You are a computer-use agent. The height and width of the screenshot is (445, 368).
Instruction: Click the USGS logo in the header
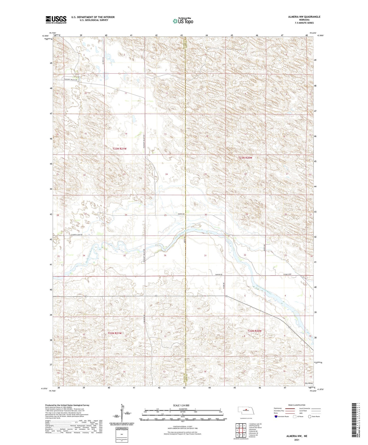click(x=56, y=20)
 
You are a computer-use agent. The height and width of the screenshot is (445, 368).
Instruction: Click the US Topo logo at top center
click(x=183, y=21)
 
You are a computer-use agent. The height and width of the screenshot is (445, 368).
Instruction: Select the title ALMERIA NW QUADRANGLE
click(x=304, y=17)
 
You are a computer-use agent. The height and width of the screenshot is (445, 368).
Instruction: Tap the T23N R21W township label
click(x=119, y=148)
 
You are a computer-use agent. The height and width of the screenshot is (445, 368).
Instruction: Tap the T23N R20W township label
click(x=245, y=158)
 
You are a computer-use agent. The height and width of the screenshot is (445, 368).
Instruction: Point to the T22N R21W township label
click(x=115, y=333)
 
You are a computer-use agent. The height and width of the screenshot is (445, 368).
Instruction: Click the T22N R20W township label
click(x=254, y=331)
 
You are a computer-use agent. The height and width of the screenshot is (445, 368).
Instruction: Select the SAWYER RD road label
click(x=219, y=274)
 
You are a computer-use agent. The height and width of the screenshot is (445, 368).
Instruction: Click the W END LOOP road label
click(x=287, y=274)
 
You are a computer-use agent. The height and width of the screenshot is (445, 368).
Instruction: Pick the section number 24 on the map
click(x=167, y=174)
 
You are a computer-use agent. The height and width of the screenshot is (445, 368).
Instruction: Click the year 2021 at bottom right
click(x=297, y=440)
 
